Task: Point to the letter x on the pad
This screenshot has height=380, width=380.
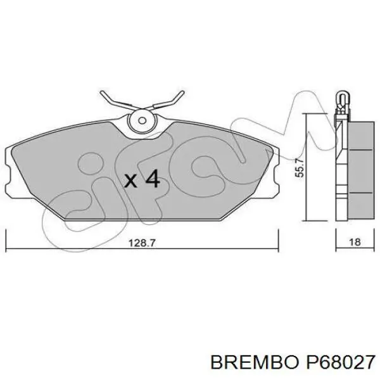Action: [x=130, y=181]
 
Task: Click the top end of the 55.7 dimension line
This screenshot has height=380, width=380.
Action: [x=307, y=115]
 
